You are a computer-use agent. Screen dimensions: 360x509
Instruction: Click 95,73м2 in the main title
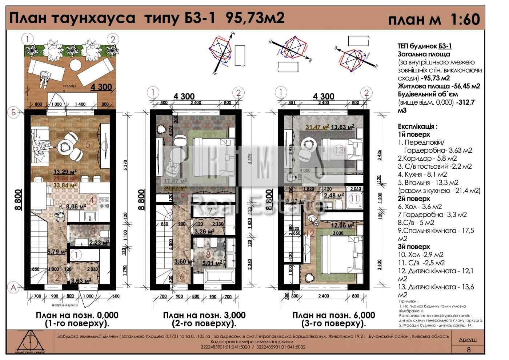click(255, 18)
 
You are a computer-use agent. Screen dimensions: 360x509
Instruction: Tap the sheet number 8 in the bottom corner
click(468, 350)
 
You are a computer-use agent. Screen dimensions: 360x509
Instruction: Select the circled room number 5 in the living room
click(88, 144)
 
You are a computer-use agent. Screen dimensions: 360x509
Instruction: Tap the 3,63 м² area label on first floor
click(81, 280)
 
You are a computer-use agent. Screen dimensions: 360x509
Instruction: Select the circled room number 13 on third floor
click(339, 150)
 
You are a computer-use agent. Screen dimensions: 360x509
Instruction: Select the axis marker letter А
click(13, 288)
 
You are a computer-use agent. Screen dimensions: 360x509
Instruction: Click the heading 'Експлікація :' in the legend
click(417, 126)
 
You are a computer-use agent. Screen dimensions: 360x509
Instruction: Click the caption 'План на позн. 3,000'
click(204, 315)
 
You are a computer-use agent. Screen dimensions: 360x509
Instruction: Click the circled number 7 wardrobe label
click(210, 211)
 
